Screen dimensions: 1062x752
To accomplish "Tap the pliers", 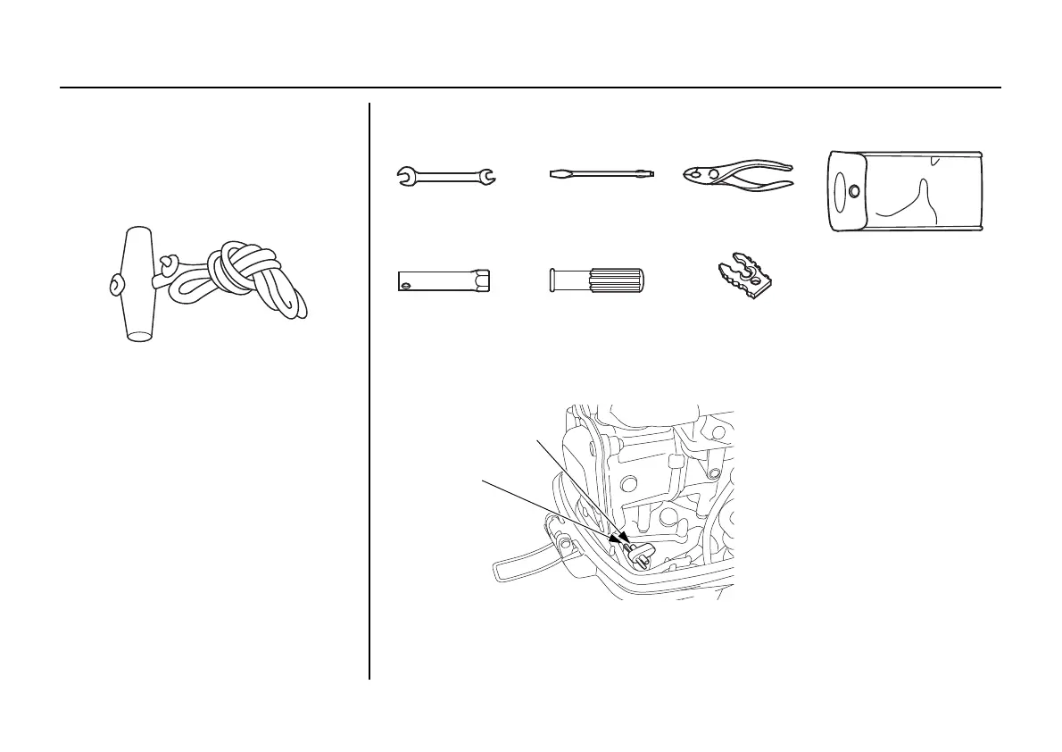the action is coord(735,176).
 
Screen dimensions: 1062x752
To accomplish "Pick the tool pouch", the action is coord(905,192).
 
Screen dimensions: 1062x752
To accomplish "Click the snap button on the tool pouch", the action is coord(855,190).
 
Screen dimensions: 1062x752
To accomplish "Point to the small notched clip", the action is coord(744,279).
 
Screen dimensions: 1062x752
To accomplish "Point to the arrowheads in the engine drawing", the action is coord(621,540).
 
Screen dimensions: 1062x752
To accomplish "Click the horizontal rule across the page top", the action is coord(530,88).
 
